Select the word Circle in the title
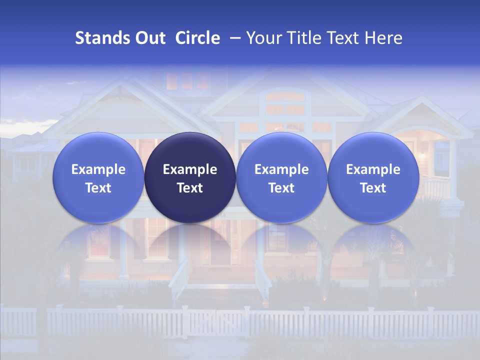[197, 38]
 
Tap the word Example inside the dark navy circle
[190, 169]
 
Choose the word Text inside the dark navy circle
[190, 188]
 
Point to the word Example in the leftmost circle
[98, 169]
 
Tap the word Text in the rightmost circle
[373, 188]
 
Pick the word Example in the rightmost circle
[373, 169]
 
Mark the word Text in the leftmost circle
[98, 188]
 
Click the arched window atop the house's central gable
[285, 96]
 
